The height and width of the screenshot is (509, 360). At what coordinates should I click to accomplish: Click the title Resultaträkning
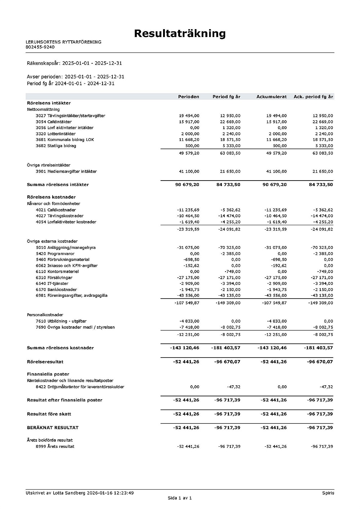pos(180,33)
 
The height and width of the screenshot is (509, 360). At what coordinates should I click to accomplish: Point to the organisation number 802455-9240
pos(40,47)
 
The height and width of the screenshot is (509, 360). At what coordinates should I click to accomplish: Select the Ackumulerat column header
pos(271,97)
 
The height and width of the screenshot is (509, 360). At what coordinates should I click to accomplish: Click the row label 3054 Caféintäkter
pos(54,122)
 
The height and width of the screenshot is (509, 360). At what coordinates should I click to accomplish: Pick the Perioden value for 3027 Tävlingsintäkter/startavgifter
pos(189,116)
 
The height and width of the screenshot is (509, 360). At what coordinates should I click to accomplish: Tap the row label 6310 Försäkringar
pos(54,278)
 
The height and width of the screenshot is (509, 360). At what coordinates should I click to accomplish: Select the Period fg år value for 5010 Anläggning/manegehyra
pos(229,248)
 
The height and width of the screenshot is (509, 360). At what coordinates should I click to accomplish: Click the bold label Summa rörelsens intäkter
pos(58,185)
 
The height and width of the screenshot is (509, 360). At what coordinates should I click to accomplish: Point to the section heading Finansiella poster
pos(48,374)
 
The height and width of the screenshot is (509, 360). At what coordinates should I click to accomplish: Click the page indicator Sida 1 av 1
pos(180,498)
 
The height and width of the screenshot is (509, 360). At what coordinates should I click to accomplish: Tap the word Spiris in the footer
pos(328,493)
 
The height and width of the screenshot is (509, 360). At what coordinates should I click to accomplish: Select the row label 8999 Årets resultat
pos(55,447)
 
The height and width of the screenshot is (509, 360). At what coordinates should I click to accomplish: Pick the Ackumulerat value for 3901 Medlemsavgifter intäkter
pos(276,172)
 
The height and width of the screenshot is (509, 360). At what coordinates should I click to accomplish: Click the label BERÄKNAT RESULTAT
pos(53,428)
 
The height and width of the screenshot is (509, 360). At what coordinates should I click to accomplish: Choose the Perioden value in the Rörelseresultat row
pos(186,362)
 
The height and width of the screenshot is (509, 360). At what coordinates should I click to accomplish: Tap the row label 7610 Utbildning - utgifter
pos(61,321)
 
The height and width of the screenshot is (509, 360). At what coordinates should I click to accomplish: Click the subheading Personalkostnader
pos(45,315)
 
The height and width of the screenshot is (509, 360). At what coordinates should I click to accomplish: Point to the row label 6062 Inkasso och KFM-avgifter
pos(67,266)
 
